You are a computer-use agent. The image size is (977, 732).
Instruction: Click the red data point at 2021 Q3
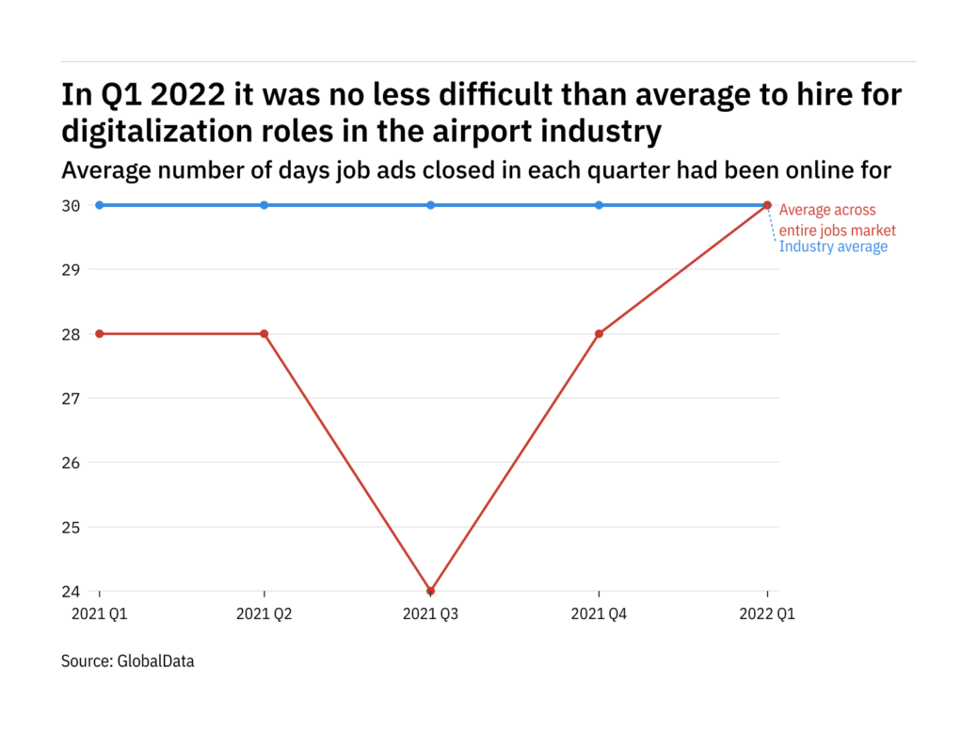[431, 591]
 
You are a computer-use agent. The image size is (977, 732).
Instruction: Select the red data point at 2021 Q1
[100, 334]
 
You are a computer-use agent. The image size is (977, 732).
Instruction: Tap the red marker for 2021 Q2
[264, 334]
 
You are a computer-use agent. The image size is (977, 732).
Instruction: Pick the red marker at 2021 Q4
[600, 334]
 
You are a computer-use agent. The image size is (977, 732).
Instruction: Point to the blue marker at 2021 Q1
[100, 205]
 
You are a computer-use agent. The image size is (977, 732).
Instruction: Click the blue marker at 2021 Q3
[431, 205]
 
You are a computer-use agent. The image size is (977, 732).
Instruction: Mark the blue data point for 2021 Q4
[600, 205]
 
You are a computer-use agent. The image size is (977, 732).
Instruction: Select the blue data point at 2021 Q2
[264, 205]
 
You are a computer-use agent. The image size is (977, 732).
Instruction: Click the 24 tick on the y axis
[71, 592]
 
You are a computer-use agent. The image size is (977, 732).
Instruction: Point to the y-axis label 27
[71, 399]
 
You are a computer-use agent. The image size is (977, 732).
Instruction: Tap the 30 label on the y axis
[71, 206]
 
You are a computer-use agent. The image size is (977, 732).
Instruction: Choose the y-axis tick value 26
[71, 463]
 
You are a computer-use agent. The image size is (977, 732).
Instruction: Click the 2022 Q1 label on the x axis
[767, 614]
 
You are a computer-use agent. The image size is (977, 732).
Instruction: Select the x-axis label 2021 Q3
[431, 614]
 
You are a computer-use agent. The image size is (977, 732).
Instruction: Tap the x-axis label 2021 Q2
[264, 614]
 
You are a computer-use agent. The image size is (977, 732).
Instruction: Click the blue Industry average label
[833, 247]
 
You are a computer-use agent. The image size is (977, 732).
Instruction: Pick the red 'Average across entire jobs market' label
[837, 220]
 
